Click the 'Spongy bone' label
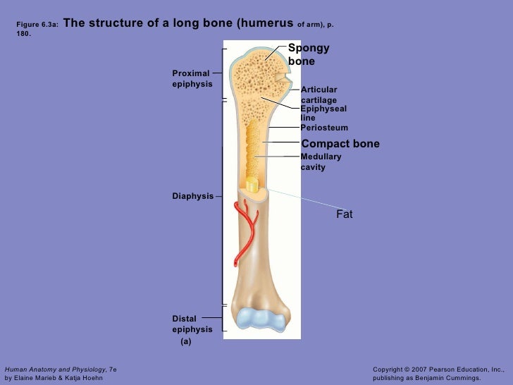click(308, 55)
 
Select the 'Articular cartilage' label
click(319, 94)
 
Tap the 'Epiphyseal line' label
click(323, 114)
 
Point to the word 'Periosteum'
click(324, 128)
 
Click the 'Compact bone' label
click(340, 144)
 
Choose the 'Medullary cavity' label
click(321, 161)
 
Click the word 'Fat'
click(344, 214)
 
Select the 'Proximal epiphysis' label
click(192, 78)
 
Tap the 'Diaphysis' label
click(192, 196)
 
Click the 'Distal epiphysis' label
click(192, 324)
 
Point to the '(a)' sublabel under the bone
click(185, 341)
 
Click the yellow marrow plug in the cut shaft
click(252, 185)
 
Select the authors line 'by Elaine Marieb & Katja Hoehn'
click(54, 378)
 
